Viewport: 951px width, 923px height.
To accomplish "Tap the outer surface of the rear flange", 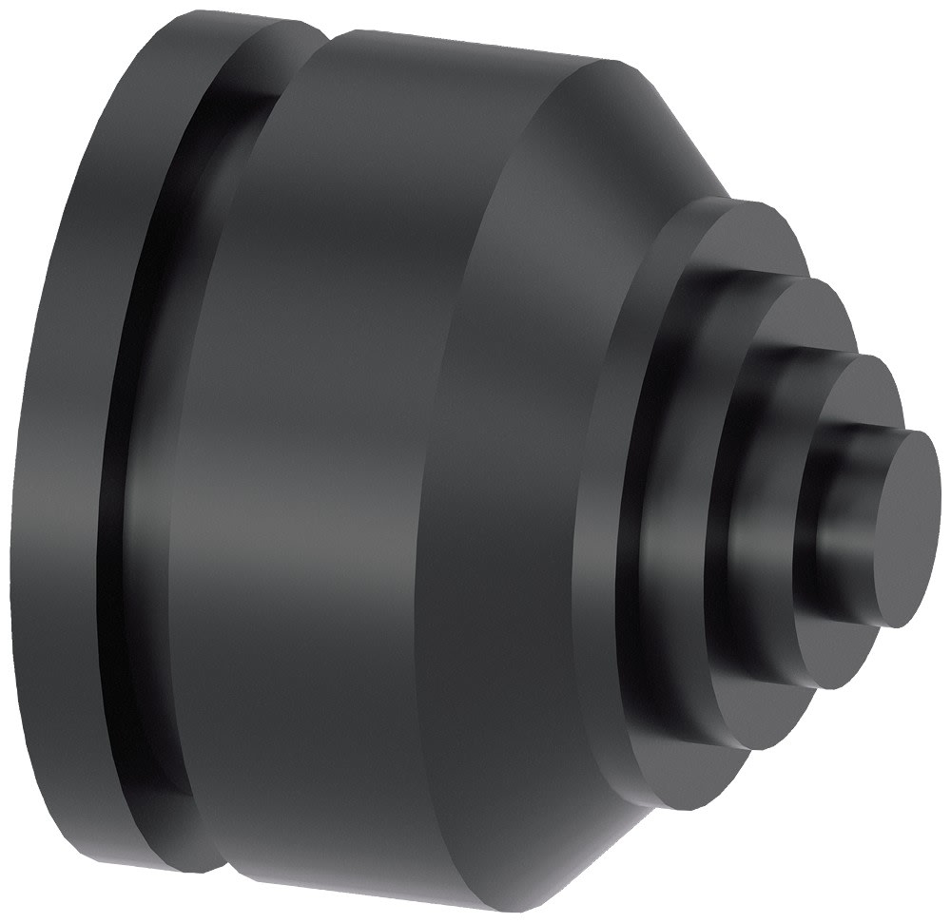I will coord(67,456).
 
